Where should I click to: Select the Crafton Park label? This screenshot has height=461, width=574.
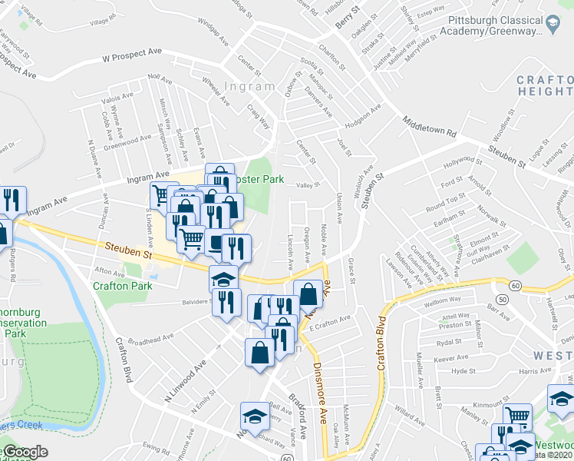coord(122,286)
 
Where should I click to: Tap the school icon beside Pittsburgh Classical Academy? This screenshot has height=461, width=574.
coord(551,24)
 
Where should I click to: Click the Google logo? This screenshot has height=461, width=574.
coord(25,452)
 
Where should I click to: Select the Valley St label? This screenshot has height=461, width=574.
coord(308,184)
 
